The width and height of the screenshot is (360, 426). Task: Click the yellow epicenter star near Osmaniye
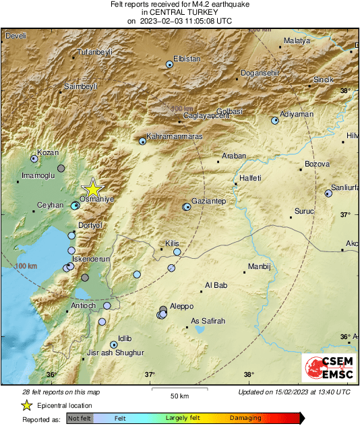[x=92, y=189]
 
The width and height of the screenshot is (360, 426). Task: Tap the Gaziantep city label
[x=208, y=202]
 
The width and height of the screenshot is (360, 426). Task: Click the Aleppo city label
[x=181, y=306]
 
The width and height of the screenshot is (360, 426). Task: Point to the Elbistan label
[x=187, y=59]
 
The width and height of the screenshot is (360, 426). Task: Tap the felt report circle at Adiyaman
[x=275, y=121]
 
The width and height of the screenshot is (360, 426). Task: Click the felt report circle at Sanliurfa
[x=328, y=193]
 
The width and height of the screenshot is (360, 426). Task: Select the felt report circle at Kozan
[x=34, y=158]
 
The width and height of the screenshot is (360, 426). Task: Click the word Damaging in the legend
[x=245, y=418]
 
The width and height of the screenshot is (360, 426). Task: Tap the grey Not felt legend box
[x=81, y=418]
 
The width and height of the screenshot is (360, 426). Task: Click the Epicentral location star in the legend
[x=26, y=405]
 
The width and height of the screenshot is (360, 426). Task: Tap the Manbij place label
[x=259, y=266]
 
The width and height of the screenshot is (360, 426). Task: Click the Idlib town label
[x=125, y=338]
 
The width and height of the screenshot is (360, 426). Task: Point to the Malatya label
[x=296, y=40]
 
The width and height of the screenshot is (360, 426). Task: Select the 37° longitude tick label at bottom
[x=150, y=375]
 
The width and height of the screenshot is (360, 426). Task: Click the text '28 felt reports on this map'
[x=61, y=392]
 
